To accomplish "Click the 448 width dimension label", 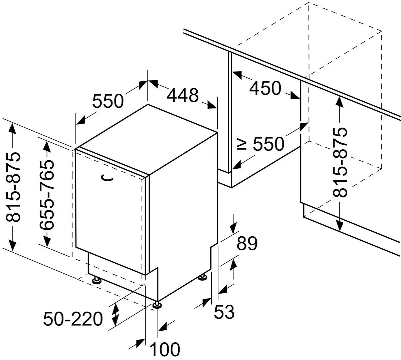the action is click(x=183, y=95).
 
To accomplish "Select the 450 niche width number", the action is click(x=265, y=88).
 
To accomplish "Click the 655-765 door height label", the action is click(x=46, y=195).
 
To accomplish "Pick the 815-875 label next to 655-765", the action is click(x=13, y=187).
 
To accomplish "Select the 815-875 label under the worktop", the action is click(x=340, y=162).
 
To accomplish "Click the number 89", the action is click(x=247, y=244).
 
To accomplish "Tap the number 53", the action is click(x=224, y=312).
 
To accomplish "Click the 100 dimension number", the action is click(x=165, y=349).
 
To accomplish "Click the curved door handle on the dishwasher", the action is click(x=108, y=177).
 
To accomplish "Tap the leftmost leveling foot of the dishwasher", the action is click(x=97, y=280).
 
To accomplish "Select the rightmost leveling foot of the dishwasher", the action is click(x=203, y=277).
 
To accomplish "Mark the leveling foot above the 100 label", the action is click(x=158, y=305).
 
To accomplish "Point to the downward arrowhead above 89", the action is click(x=233, y=227).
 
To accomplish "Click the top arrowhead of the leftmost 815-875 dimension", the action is click(x=13, y=130).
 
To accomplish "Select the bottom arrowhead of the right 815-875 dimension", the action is click(x=340, y=225).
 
